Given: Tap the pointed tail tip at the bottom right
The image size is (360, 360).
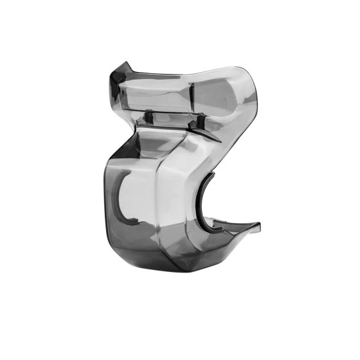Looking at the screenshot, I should point(259,224).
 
